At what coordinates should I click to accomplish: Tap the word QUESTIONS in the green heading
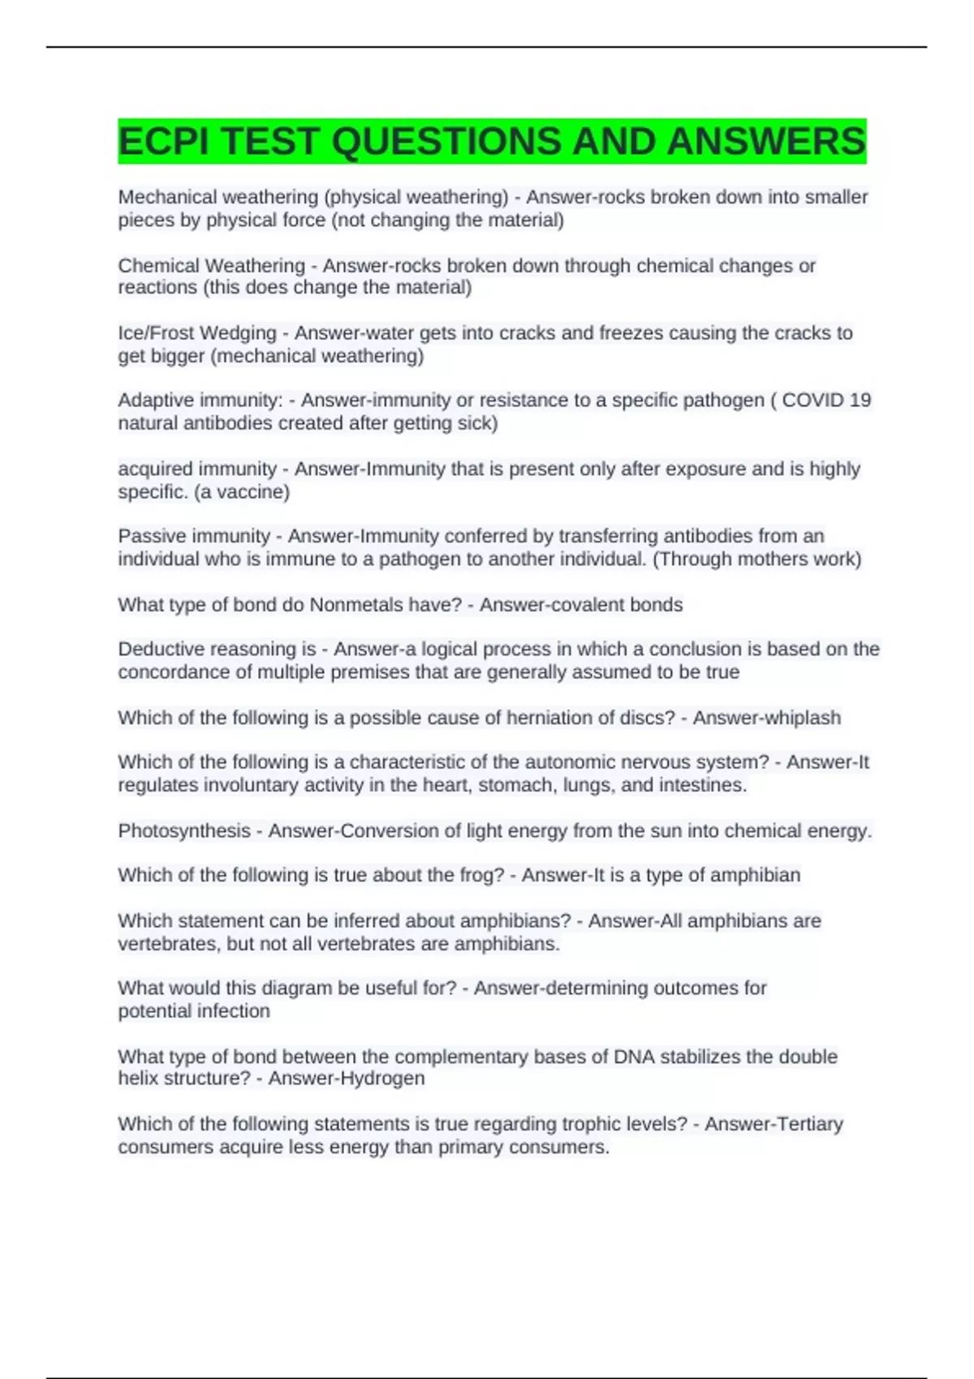(x=446, y=141)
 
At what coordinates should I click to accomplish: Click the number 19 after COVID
(x=859, y=401)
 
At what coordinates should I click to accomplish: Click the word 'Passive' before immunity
(x=151, y=536)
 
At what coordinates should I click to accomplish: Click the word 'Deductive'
(x=161, y=649)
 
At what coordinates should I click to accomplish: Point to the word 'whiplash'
(x=803, y=718)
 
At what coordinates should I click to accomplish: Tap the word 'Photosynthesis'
(x=184, y=831)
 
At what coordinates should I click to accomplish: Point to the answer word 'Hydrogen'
(x=384, y=1078)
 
